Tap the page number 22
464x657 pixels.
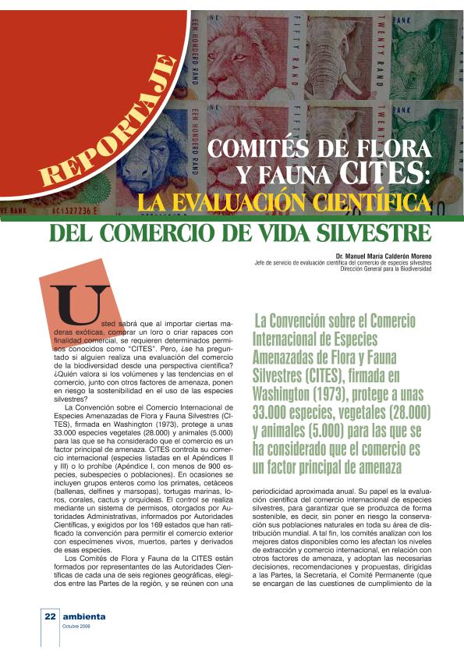click(50, 616)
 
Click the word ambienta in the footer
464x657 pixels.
click(84, 616)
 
